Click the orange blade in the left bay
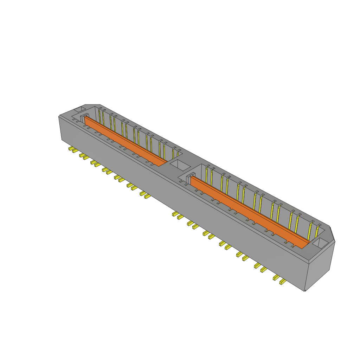(x=125, y=141)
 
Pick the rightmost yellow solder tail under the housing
(x=282, y=281)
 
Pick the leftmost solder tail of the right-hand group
(x=175, y=214)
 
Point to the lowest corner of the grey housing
(x=304, y=291)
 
